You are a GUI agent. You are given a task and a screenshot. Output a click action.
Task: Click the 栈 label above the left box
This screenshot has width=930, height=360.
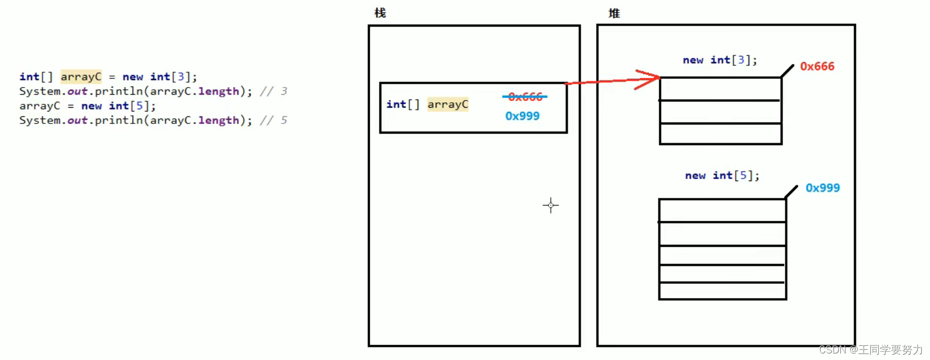coord(380,13)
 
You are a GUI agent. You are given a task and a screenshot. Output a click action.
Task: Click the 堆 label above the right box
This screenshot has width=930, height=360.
coord(614,14)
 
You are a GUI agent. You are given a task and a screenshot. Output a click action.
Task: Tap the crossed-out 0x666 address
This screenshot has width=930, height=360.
coord(525,97)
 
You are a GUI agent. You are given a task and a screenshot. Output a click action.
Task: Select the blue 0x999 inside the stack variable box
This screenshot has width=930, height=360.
coord(522,116)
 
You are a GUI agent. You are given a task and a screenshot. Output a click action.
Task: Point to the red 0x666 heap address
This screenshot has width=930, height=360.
coord(817,66)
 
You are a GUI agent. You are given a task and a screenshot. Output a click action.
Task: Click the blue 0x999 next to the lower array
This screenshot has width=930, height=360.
coord(822,188)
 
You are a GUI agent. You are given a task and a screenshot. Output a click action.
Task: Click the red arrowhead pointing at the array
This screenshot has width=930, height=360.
coord(650,80)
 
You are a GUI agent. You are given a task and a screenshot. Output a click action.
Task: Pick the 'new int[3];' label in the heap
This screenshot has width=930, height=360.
coord(720,60)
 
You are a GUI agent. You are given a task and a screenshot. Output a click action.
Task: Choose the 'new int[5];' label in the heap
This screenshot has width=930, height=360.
coord(722,175)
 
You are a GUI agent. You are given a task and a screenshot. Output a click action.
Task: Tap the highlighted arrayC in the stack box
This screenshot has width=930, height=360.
coord(447,104)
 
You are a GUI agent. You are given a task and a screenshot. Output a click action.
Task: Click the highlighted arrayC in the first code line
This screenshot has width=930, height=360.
coord(81,77)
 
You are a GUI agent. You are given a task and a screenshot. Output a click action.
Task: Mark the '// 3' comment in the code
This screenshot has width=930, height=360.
coord(273,91)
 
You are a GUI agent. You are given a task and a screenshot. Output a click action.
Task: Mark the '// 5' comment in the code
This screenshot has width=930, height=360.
coord(273,120)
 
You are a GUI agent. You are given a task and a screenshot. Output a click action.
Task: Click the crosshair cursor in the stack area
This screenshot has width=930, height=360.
coord(551,205)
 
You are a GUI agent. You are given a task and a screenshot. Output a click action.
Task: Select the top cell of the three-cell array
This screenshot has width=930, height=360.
coord(720,89)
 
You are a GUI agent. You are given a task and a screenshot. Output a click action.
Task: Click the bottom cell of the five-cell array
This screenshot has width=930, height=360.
coord(722,291)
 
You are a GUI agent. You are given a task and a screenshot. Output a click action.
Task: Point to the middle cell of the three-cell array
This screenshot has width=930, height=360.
coord(720,112)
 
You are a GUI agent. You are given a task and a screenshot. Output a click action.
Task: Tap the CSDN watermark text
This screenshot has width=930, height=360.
coord(870,350)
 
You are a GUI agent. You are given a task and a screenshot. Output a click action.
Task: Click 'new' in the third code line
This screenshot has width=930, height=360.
coord(91,106)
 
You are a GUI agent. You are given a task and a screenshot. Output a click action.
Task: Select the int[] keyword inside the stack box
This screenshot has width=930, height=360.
coord(403,104)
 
